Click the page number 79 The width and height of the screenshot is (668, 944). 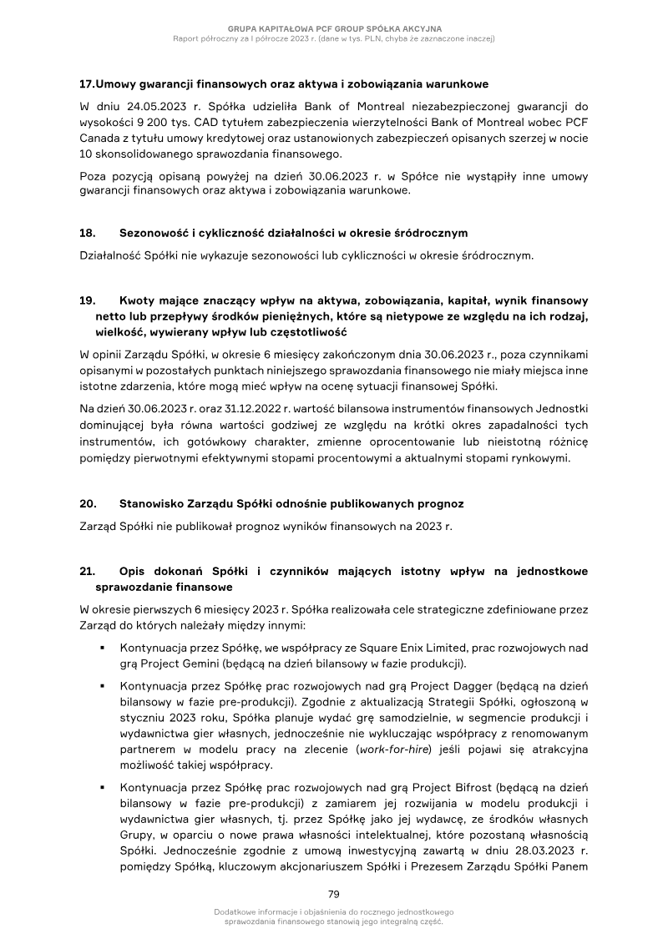coord(333,895)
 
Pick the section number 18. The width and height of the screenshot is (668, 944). coord(87,232)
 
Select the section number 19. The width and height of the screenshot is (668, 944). coord(87,299)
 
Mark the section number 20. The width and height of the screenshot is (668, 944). coord(87,504)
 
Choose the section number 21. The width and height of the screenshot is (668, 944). coord(87,571)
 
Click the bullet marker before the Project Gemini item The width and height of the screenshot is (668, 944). coord(101,648)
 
